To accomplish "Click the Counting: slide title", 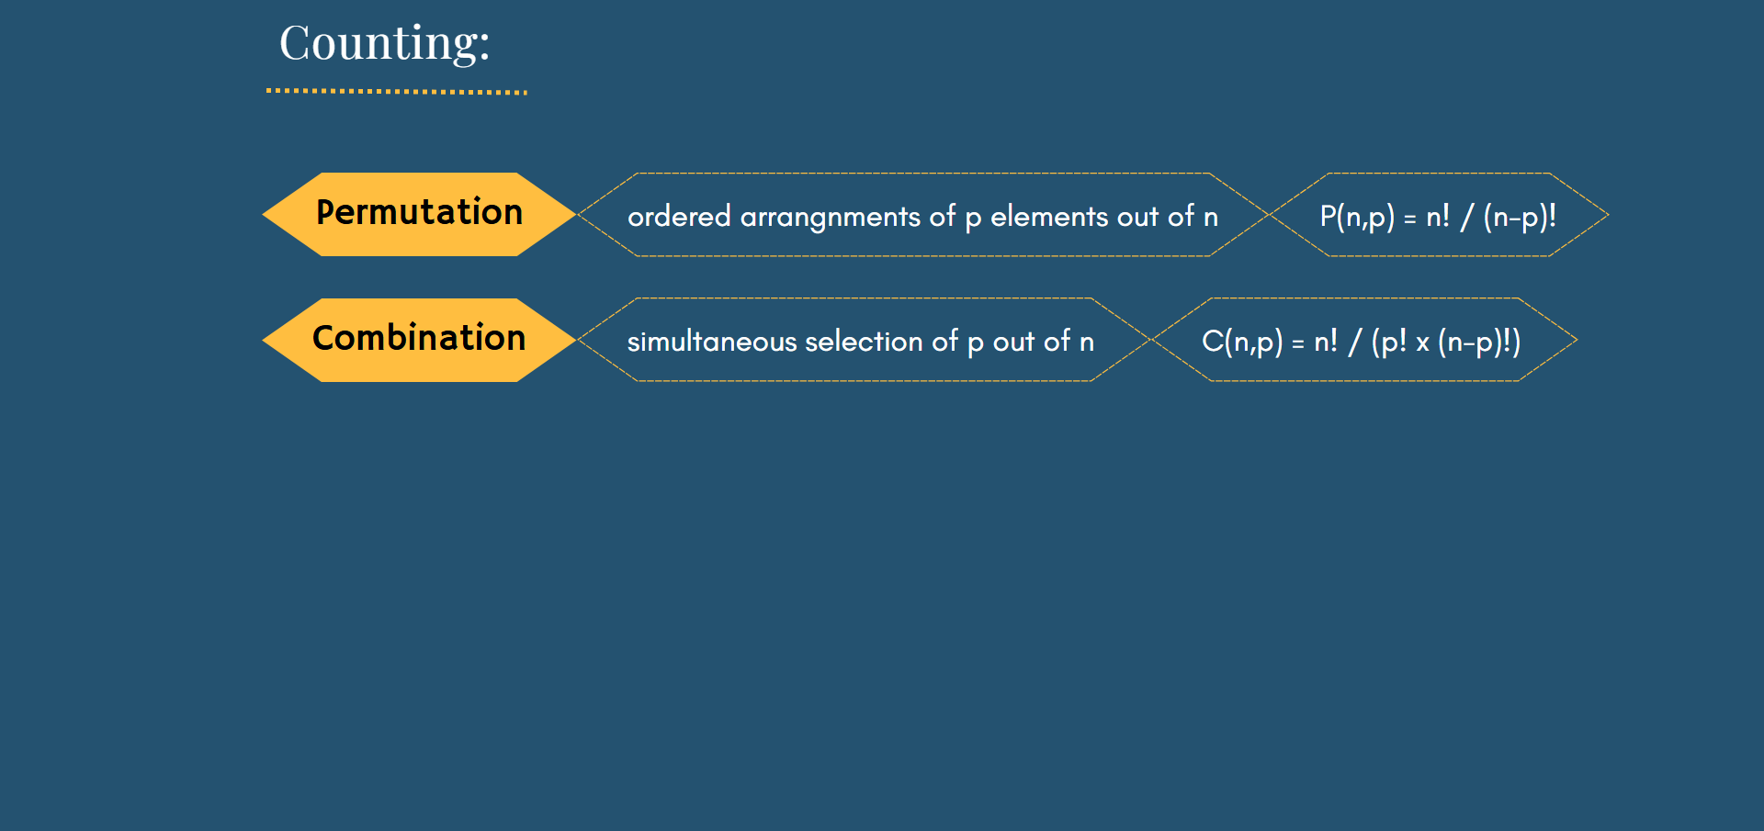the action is [x=384, y=43].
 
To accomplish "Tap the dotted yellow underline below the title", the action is [x=397, y=92].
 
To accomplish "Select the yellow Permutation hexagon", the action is [x=419, y=214].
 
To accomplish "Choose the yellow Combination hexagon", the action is [x=419, y=340].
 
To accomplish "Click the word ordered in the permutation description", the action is [x=679, y=217].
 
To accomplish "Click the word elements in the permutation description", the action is [x=1049, y=217].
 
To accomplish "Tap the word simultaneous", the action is [x=712, y=342].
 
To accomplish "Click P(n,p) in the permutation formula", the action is [x=1357, y=217].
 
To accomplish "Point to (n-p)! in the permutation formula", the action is [x=1520, y=217].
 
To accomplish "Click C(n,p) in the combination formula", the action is [x=1242, y=342].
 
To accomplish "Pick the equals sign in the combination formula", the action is [x=1298, y=343].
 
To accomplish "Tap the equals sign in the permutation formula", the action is [x=1410, y=219].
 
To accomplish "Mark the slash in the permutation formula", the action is [x=1467, y=217].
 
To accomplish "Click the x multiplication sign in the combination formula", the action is [x=1422, y=344].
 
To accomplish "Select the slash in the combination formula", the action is [x=1355, y=342].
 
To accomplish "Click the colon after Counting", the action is [x=483, y=50].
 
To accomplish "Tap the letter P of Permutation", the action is [x=325, y=211].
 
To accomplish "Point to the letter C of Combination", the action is [x=323, y=337].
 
